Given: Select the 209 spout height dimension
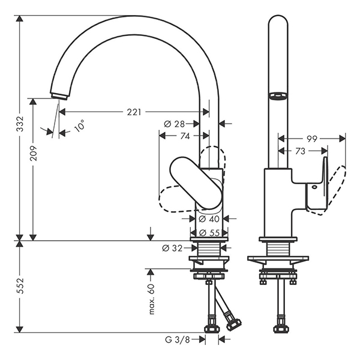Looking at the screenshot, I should [x=33, y=157].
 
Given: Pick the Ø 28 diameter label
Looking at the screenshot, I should [x=174, y=124].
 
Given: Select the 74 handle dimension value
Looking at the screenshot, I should [x=186, y=136].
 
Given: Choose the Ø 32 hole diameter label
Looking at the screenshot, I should [x=173, y=247].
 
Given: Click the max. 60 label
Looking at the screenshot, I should [x=152, y=298].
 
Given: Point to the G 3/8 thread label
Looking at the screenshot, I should [x=178, y=340].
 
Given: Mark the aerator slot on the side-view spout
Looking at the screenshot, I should [x=278, y=95].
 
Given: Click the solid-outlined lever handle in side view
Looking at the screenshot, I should [x=317, y=183].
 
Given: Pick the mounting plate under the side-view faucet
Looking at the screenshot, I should [x=278, y=259].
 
